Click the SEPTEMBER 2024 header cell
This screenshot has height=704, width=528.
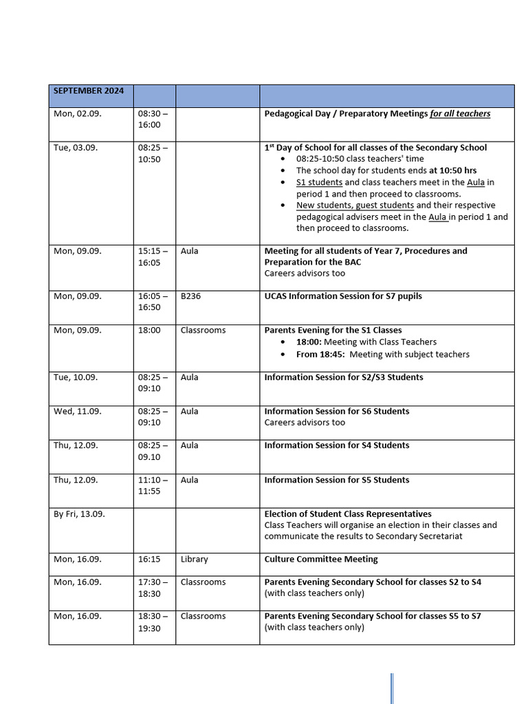point(89,91)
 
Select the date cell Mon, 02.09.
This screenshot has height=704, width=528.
point(77,113)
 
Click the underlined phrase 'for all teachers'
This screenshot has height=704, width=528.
point(460,113)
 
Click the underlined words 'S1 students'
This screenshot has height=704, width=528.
point(319,182)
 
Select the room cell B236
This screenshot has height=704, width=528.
point(190,296)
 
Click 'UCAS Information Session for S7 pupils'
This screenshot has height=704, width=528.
point(343,296)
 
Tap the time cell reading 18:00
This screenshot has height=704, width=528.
point(149,330)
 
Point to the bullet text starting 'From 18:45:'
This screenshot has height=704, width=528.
point(382,354)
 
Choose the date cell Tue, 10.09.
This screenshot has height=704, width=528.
point(76,377)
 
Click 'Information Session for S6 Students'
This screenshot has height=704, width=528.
point(336,411)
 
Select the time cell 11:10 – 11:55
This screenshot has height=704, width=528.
point(153,485)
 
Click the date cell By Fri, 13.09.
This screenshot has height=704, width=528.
point(79,514)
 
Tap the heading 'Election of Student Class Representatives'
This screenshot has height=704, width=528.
point(348,514)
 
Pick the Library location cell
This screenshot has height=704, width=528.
point(194,559)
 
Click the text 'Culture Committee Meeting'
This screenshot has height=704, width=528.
point(321,559)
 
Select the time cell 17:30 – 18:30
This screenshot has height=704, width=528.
point(153,587)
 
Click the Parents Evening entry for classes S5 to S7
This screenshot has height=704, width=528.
point(373,616)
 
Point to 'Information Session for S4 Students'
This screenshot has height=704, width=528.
point(336,445)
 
